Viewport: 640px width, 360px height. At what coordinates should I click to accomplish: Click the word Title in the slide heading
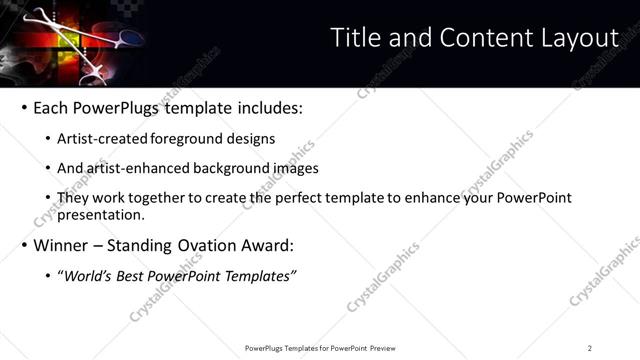[x=355, y=38]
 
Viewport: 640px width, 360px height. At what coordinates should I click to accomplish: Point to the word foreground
[x=192, y=139]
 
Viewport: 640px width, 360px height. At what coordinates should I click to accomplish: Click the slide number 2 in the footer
[x=589, y=348]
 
